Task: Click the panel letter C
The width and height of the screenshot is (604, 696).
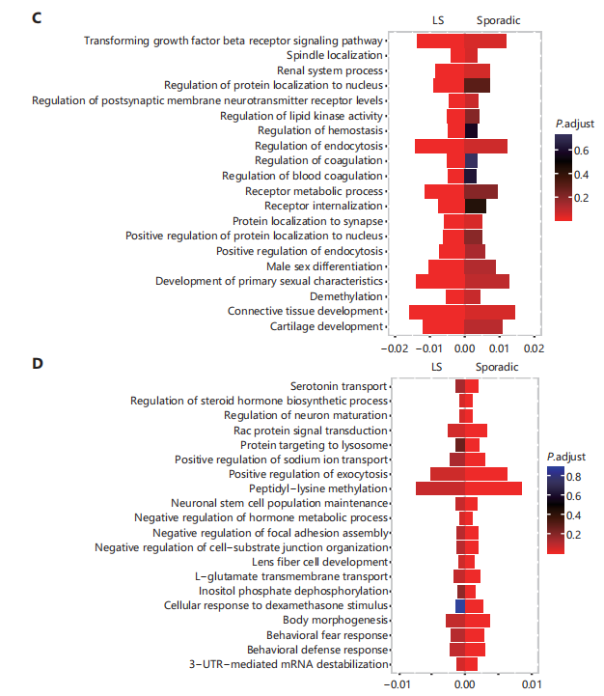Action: click(37, 18)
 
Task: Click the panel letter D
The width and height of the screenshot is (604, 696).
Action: click(38, 364)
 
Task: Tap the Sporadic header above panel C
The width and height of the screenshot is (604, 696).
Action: click(499, 21)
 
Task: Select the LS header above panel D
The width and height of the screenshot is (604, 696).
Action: click(437, 367)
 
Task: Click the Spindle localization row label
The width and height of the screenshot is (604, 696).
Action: click(335, 55)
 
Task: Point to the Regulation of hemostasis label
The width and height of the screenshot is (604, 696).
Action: click(320, 131)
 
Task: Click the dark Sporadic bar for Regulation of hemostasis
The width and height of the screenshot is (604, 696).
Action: click(471, 130)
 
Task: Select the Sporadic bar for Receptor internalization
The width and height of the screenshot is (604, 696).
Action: click(476, 206)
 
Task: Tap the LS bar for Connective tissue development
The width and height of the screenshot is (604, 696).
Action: click(437, 312)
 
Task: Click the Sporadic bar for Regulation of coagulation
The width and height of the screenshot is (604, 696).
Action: click(471, 160)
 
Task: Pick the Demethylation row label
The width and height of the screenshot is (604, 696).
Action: click(346, 296)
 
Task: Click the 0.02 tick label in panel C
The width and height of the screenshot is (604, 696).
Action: click(534, 348)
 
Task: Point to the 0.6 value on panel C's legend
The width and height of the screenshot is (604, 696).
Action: click(582, 152)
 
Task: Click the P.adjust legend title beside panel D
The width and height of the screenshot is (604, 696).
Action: click(566, 458)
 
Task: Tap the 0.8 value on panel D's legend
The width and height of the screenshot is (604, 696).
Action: click(573, 477)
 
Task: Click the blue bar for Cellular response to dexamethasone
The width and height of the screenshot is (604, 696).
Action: click(460, 606)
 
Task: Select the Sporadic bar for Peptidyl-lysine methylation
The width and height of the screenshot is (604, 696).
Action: click(493, 488)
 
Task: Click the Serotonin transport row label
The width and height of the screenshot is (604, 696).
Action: click(339, 387)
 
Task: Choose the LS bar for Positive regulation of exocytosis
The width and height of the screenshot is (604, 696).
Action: click(448, 474)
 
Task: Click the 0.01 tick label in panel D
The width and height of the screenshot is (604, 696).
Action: click(532, 684)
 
